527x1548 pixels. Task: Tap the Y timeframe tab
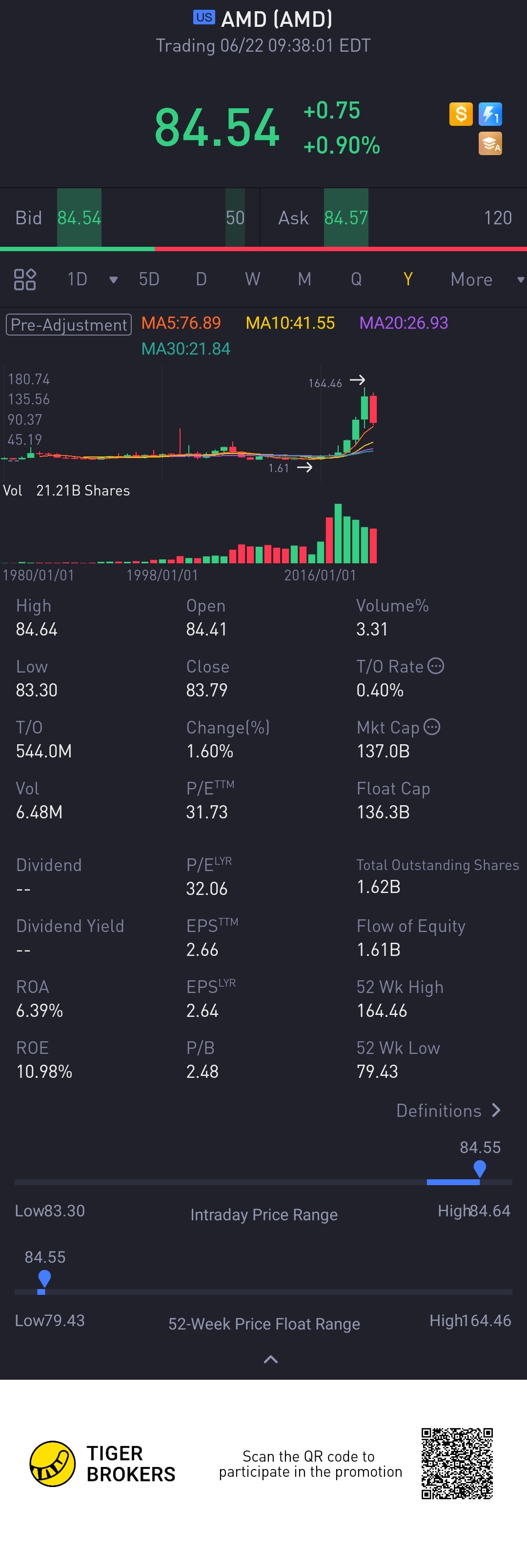click(407, 279)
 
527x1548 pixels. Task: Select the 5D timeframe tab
click(149, 279)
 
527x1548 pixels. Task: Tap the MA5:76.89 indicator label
click(181, 323)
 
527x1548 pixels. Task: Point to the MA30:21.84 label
click(186, 349)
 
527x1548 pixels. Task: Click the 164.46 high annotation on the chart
click(325, 383)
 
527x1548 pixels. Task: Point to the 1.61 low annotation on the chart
click(279, 468)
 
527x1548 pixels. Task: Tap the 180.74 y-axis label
click(29, 379)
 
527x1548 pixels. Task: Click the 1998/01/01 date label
click(162, 575)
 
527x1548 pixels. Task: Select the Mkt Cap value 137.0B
click(383, 751)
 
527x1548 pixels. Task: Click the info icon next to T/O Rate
click(436, 666)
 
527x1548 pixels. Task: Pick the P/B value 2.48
click(203, 1072)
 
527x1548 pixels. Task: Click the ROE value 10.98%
click(44, 1072)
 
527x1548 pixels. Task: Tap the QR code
click(457, 1463)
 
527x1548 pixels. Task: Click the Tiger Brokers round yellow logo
click(53, 1463)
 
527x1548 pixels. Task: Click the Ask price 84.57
click(345, 218)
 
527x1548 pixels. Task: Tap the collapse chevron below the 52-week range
click(271, 1359)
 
